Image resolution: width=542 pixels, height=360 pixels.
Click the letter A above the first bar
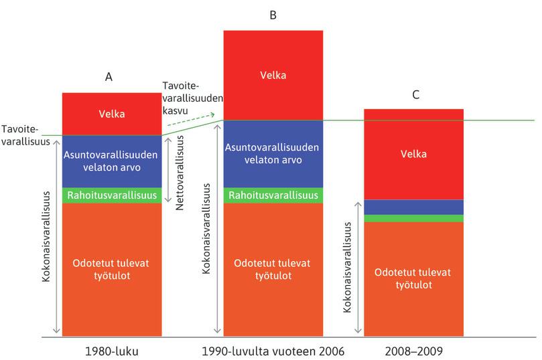tap(109, 77)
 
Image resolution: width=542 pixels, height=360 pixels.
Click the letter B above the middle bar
tap(273, 15)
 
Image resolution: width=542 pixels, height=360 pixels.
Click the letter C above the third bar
tap(416, 95)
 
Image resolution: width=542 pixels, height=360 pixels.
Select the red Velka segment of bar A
tap(111, 114)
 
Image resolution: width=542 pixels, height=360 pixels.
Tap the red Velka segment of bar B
tap(273, 75)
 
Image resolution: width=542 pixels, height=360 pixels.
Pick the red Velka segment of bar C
tap(413, 155)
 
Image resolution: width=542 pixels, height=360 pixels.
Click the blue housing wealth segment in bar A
tap(111, 161)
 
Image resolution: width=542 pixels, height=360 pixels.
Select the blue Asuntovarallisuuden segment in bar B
tap(273, 154)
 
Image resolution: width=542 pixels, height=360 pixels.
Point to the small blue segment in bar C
tap(413, 207)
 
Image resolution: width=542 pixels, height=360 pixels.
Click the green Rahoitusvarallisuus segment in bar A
tap(111, 195)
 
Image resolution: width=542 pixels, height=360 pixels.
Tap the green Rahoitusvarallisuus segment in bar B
tap(273, 195)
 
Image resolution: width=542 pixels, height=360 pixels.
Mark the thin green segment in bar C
tap(413, 218)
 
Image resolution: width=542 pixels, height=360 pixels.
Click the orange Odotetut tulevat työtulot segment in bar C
tap(413, 278)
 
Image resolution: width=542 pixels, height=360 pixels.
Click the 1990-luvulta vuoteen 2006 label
tap(273, 349)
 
